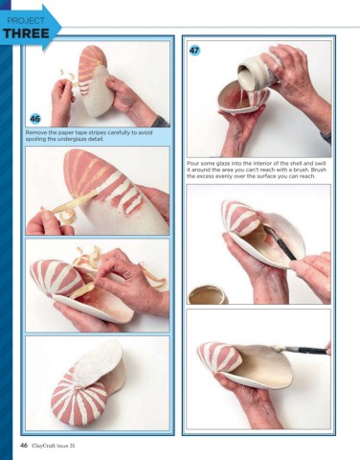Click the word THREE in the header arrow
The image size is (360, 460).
[26, 34]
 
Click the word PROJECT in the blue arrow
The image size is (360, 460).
[26, 21]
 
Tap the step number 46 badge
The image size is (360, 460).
[35, 119]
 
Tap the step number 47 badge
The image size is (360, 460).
[194, 50]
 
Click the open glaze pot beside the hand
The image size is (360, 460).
[208, 294]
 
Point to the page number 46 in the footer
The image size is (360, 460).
[24, 446]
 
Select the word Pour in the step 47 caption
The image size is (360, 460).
[192, 163]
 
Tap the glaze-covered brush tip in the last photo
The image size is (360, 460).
[278, 349]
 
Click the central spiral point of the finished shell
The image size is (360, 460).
[77, 389]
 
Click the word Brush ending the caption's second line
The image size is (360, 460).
[319, 170]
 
